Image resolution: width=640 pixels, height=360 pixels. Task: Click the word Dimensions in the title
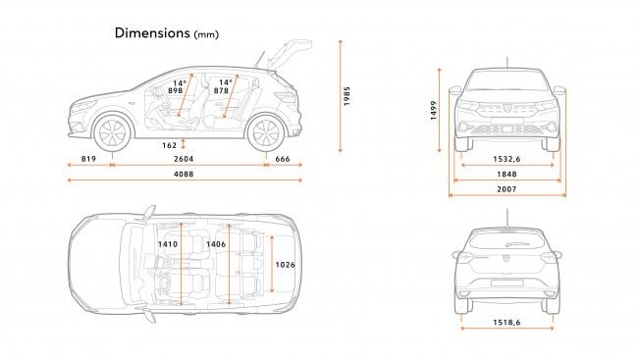(x=152, y=32)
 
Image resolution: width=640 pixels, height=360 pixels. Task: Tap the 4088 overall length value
(x=184, y=175)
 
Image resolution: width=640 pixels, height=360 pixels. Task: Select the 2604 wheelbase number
(x=184, y=158)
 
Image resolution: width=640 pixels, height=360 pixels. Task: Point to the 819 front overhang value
(x=87, y=158)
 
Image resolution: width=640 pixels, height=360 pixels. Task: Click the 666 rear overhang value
(x=282, y=158)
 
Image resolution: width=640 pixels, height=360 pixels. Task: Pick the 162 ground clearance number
(x=169, y=145)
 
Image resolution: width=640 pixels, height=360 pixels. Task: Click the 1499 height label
(x=433, y=111)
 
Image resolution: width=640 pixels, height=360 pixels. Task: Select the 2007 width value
(x=507, y=188)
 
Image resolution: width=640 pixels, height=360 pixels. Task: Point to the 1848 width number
(x=507, y=173)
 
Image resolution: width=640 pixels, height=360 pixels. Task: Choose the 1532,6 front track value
(x=507, y=157)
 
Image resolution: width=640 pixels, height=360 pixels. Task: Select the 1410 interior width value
(x=169, y=243)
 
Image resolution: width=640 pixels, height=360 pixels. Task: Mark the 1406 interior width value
(x=216, y=243)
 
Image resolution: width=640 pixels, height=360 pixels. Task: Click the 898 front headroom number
(x=177, y=90)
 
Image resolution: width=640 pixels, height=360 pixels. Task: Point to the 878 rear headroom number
(x=222, y=90)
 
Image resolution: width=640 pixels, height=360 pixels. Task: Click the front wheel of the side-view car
(x=113, y=131)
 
